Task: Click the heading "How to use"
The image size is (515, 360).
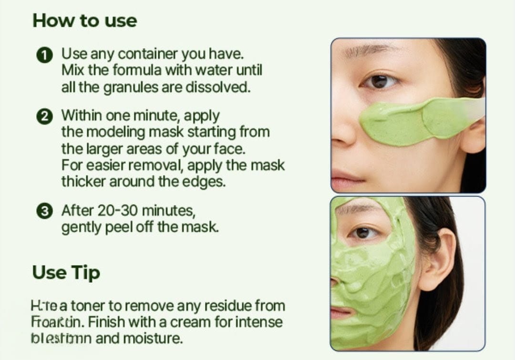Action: [x=84, y=21]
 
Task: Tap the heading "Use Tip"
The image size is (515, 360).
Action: [x=66, y=272]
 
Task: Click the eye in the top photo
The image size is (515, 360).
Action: [x=380, y=82]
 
